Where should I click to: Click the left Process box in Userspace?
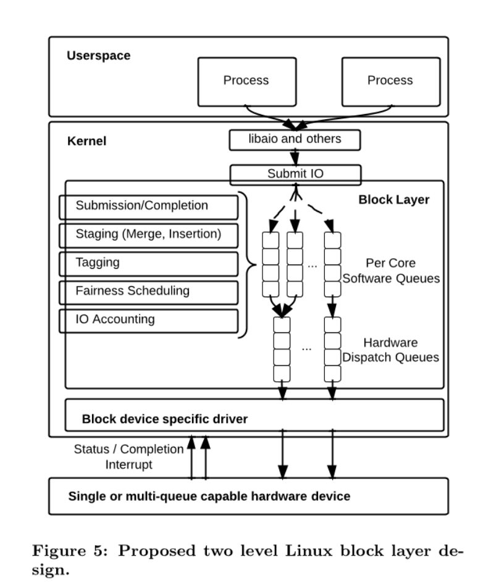point(246,81)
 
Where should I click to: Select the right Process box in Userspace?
point(390,81)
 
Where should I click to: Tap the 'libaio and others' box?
point(294,140)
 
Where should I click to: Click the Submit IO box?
point(295,174)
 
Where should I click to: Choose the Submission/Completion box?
point(149,207)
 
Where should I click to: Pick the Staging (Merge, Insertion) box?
point(149,235)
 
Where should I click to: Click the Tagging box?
point(149,263)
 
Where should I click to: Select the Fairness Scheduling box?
point(149,292)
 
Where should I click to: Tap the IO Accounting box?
point(149,320)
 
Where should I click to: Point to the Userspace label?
point(99,56)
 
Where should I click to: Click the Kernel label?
point(86,141)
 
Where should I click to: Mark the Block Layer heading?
point(393,200)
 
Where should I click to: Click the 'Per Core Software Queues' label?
point(391,271)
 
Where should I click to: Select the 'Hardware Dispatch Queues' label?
point(391,350)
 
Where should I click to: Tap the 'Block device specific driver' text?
point(165,420)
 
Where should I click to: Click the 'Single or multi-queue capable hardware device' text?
point(209,496)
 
